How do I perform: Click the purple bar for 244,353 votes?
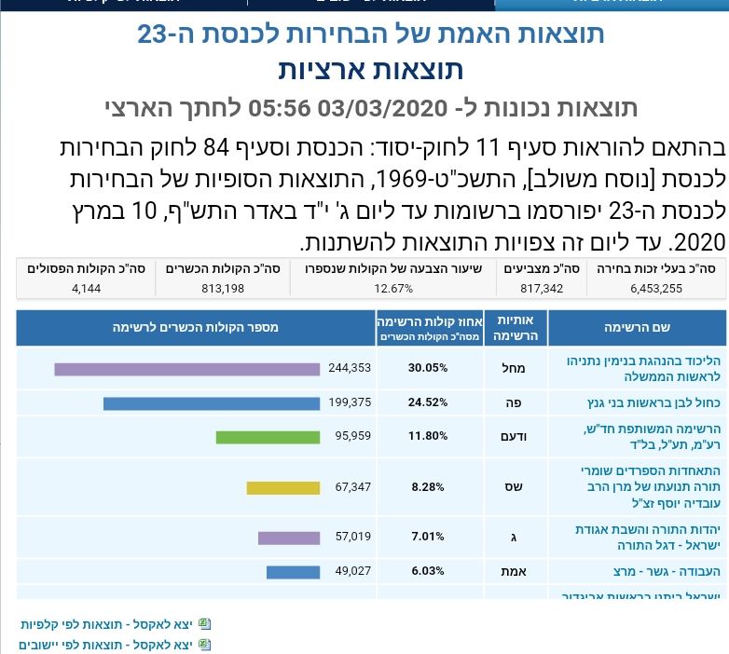click(x=186, y=369)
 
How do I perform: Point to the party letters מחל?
click(x=514, y=368)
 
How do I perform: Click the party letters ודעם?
click(x=514, y=436)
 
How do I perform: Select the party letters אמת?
click(x=514, y=571)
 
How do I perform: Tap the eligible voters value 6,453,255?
click(x=656, y=288)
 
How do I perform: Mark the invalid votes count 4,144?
click(x=87, y=288)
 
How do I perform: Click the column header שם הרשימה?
click(x=638, y=327)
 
